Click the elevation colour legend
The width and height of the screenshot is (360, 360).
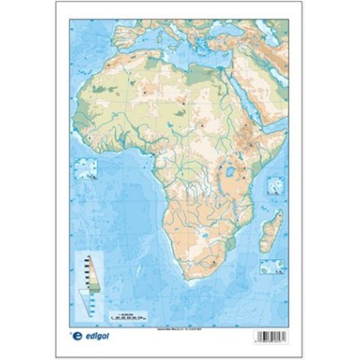(89, 271)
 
